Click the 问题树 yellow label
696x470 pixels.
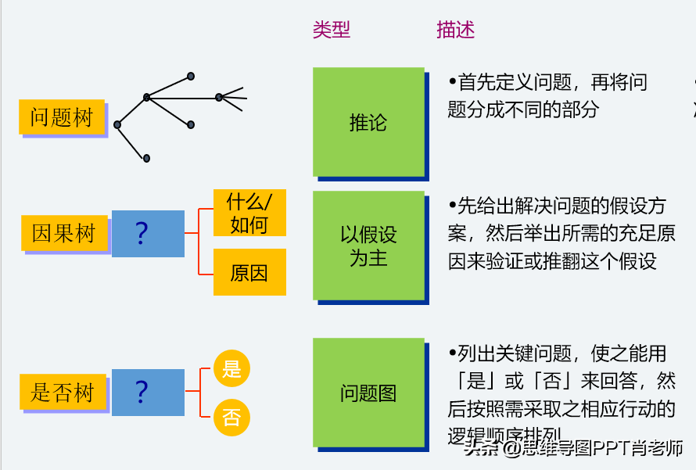62,117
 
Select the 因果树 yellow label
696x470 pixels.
63,233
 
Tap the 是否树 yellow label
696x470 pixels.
62,392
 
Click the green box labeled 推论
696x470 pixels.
368,121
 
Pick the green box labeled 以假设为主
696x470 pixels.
368,246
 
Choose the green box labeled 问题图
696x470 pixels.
368,393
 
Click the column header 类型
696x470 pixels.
332,30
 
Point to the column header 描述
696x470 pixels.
456,30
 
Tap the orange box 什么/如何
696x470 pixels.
249,213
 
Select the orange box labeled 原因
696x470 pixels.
249,272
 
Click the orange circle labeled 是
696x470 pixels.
231,368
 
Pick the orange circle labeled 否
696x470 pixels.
231,417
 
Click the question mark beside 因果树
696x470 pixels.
142,233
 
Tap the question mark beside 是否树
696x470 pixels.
142,392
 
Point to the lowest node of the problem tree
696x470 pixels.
146,158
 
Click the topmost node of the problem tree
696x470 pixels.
190,76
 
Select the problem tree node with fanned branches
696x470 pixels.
219,97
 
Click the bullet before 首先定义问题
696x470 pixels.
452,81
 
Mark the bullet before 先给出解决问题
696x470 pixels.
452,205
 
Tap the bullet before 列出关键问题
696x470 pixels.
452,353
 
